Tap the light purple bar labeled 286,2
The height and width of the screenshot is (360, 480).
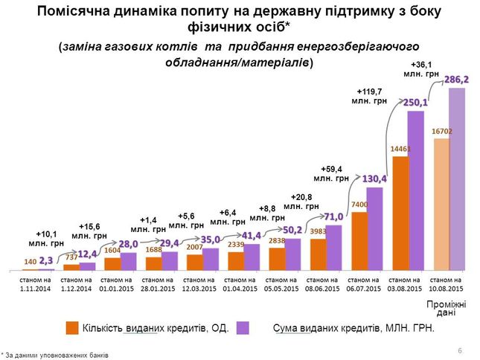tap(456, 179)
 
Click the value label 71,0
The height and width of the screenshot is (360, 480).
tap(333, 216)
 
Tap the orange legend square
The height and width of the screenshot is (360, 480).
tap(72, 328)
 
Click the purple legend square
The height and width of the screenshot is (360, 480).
tap(242, 328)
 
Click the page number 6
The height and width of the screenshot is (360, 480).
tap(460, 350)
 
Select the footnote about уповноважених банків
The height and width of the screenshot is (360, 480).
tap(55, 356)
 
